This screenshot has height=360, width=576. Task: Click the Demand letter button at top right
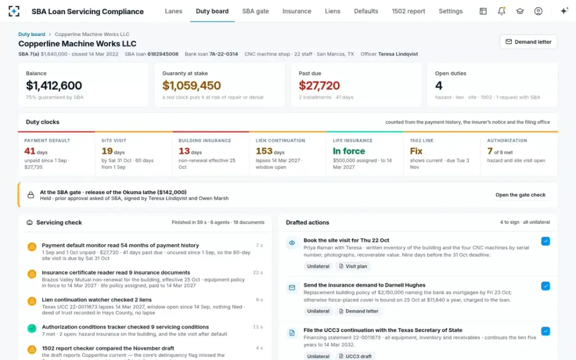click(528, 42)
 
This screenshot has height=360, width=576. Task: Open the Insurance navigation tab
click(297, 12)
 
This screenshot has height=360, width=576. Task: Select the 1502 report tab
click(408, 12)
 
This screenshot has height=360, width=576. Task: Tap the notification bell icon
click(502, 11)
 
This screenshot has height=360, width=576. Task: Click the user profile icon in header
click(538, 11)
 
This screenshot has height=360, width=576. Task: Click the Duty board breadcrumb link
click(32, 34)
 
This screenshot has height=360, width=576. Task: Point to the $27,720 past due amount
click(319, 85)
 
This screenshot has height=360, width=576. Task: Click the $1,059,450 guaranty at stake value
click(192, 85)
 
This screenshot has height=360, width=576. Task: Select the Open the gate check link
click(520, 195)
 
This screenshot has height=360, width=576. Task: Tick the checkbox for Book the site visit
click(545, 241)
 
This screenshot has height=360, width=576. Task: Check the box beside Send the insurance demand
click(545, 286)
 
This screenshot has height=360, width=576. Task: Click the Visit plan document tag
click(353, 266)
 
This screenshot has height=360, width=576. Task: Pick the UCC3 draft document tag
click(355, 356)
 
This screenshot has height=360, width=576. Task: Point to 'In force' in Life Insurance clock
click(348, 151)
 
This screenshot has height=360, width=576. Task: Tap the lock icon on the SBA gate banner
click(31, 195)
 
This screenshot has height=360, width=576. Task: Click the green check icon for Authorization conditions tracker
click(32, 328)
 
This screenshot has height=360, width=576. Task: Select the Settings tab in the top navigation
click(451, 12)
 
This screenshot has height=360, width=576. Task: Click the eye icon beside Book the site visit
click(292, 243)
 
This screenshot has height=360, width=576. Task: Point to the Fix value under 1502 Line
click(416, 151)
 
